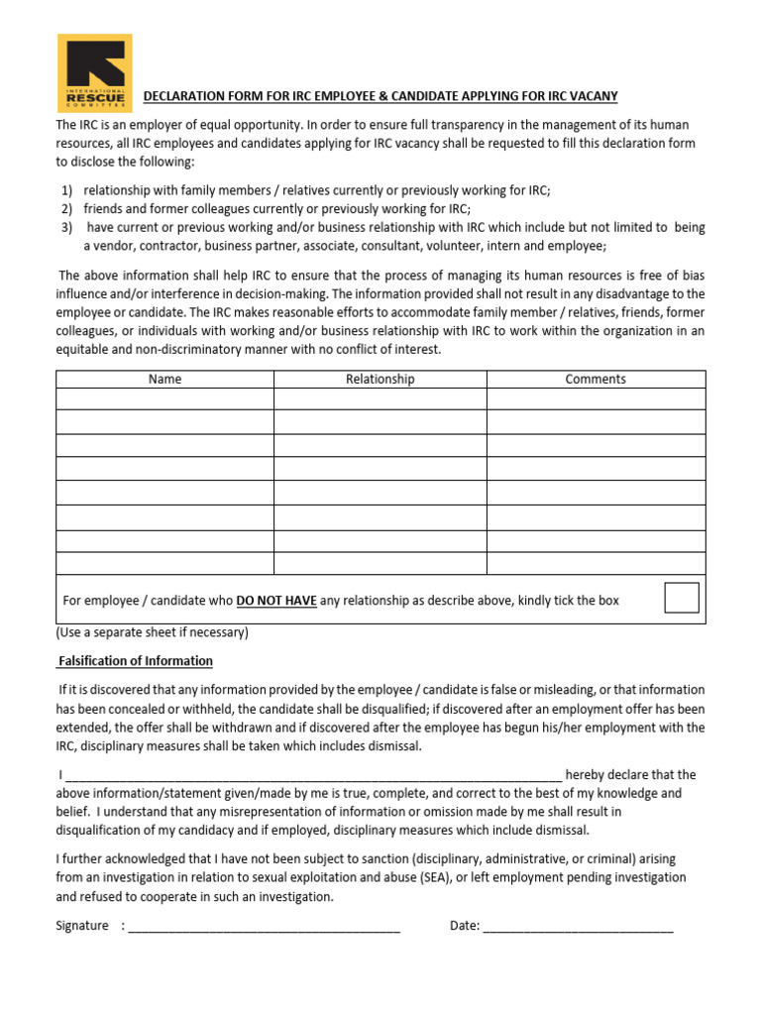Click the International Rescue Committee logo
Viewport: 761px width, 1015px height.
tap(94, 72)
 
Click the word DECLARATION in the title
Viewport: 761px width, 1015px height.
tap(184, 96)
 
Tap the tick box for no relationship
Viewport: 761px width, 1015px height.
tap(681, 598)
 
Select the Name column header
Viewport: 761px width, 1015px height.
tap(164, 379)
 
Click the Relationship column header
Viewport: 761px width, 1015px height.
tap(380, 379)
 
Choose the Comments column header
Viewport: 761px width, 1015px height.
tap(596, 379)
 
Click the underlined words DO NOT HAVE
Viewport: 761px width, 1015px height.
tap(275, 601)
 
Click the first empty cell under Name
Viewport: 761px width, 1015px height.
tap(164, 398)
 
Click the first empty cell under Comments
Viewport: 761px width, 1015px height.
tap(596, 398)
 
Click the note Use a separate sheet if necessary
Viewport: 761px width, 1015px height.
tap(152, 632)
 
